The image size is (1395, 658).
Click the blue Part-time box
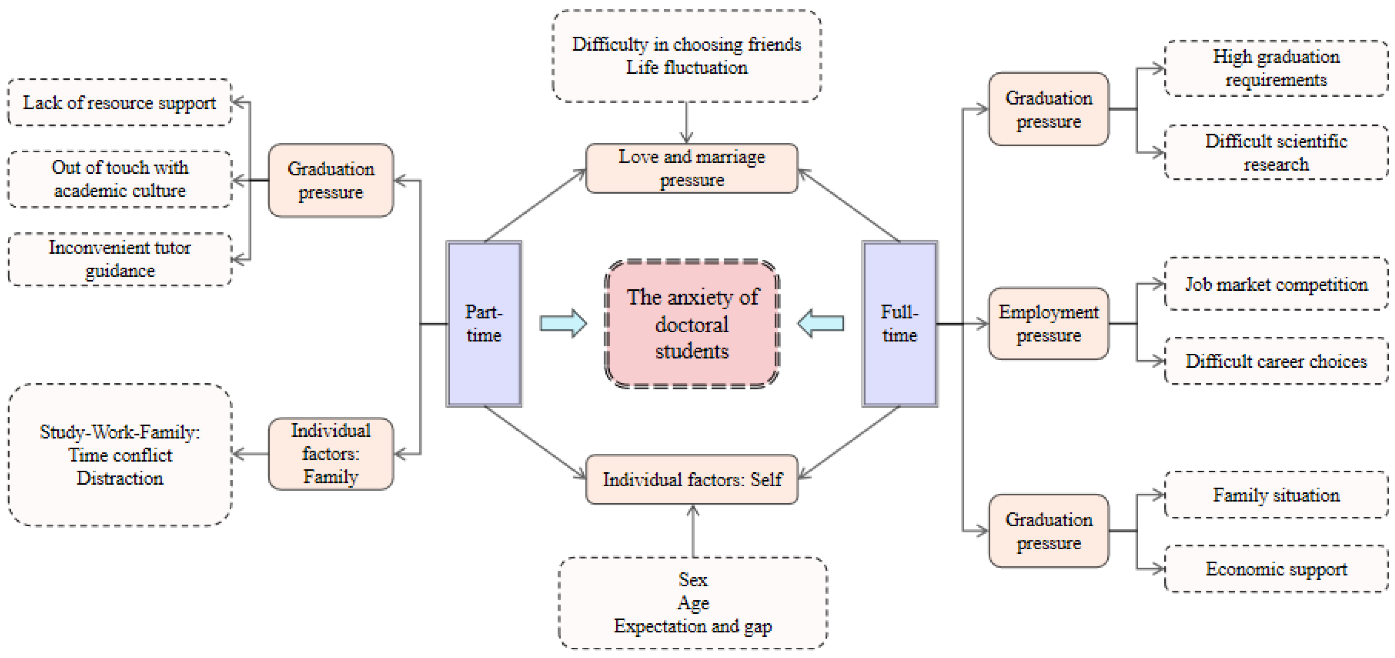(484, 324)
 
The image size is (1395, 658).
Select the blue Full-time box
(899, 324)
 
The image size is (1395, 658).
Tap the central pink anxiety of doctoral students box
(692, 324)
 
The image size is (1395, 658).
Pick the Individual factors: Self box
(692, 479)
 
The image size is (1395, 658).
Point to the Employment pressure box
(1048, 324)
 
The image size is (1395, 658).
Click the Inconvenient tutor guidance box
(120, 259)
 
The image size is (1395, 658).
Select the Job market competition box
(1276, 284)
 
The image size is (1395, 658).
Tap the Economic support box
(1276, 569)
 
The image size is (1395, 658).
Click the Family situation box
(1276, 495)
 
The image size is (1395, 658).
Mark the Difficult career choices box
(1276, 361)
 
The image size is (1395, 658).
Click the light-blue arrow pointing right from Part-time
(563, 324)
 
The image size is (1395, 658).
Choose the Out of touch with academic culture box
(120, 179)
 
